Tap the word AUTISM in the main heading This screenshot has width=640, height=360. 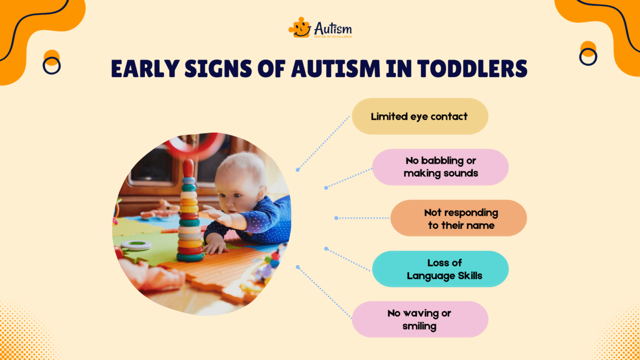click(x=342, y=69)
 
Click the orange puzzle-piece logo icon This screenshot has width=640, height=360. click(x=299, y=28)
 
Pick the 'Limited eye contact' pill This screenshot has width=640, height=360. click(x=419, y=116)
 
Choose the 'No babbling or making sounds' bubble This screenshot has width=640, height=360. click(x=440, y=167)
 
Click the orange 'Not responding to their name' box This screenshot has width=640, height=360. click(x=458, y=218)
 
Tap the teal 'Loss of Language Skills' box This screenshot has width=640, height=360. click(x=440, y=269)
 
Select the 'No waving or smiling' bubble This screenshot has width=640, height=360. click(x=419, y=319)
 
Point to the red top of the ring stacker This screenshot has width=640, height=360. click(x=188, y=167)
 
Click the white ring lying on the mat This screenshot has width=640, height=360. click(x=136, y=245)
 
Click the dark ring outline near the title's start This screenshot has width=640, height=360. click(x=51, y=65)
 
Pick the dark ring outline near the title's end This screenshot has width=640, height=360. click(x=588, y=57)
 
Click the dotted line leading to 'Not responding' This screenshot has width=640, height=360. click(x=362, y=218)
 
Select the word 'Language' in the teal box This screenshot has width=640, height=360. click(x=430, y=275)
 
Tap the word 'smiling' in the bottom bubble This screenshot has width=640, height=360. click(x=419, y=326)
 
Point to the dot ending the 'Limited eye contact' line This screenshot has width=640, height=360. click(x=297, y=170)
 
